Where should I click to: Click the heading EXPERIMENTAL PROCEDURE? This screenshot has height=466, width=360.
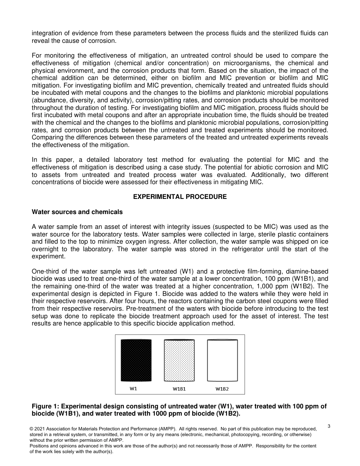coord(180,197)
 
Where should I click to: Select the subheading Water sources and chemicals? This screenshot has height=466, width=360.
coord(77,212)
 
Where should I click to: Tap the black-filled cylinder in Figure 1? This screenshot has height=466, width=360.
coord(136,360)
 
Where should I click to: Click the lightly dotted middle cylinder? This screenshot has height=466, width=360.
coord(179,360)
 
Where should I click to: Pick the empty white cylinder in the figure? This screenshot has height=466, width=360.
coord(222,360)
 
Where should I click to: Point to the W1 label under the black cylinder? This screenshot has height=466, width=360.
coord(133,388)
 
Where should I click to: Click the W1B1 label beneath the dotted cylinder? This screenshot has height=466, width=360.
coord(179,389)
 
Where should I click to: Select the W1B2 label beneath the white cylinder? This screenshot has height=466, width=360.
coord(222,389)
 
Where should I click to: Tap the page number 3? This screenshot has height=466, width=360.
coord(329,426)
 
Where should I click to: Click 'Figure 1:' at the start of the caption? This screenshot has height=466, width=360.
coord(45,407)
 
